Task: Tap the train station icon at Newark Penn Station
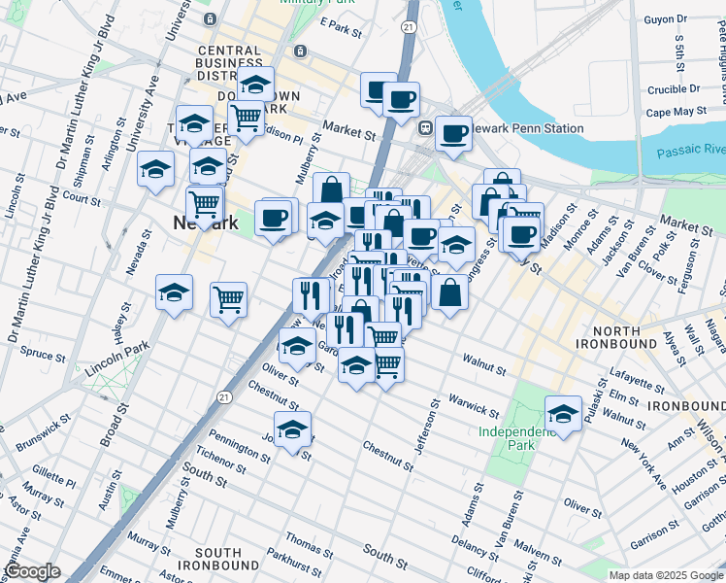(424, 127)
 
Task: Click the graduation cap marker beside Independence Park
(562, 414)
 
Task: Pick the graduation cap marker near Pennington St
(292, 429)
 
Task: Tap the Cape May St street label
(676, 112)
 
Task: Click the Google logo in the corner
(31, 571)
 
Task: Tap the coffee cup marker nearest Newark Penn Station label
(452, 134)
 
